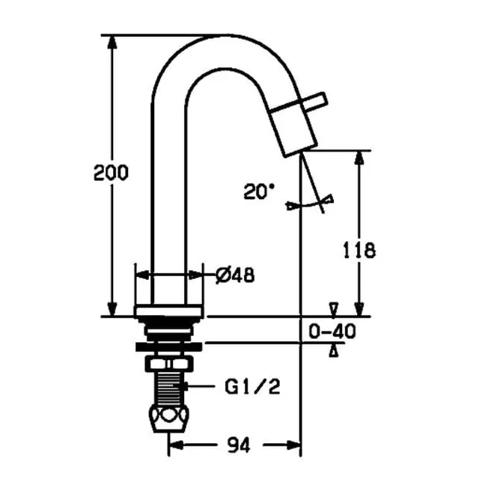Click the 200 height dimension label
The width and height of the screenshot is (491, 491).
111,172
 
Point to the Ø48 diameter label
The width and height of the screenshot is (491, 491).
234,275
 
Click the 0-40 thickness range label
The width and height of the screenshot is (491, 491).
332,330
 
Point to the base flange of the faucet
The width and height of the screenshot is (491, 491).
169,311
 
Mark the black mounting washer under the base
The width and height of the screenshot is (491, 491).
169,346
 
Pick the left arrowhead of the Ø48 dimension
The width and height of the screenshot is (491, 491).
140,275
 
